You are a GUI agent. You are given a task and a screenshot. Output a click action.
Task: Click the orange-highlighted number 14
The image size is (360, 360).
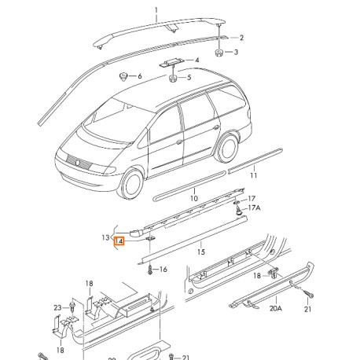[119, 242]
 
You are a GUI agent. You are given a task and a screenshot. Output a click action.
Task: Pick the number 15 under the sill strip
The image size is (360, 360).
[200, 253]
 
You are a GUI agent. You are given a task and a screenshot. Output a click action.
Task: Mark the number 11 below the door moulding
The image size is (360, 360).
[253, 176]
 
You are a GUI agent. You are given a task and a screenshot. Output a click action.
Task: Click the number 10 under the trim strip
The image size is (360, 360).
[193, 200]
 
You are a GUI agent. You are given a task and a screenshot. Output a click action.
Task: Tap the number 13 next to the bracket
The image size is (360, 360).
[105, 236]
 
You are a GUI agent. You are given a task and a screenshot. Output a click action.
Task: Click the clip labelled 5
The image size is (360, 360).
[171, 78]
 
